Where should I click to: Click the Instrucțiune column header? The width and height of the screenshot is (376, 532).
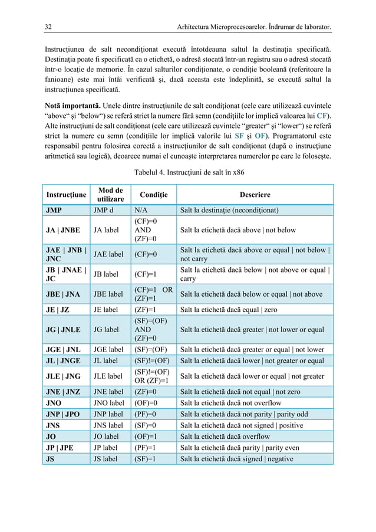[x=66, y=195]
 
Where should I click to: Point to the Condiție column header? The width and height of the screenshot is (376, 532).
[x=153, y=195]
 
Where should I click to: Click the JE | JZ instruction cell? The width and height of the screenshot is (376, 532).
[x=58, y=309]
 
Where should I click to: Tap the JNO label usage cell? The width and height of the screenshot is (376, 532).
[x=109, y=401]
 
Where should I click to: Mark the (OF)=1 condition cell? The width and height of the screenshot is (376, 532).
[x=145, y=436]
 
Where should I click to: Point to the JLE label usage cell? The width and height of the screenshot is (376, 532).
[x=109, y=375]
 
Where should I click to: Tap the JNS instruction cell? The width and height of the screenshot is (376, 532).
[x=53, y=425]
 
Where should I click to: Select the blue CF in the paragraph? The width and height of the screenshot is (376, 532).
[x=322, y=114]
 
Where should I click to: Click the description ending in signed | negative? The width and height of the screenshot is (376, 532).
[x=236, y=459]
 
